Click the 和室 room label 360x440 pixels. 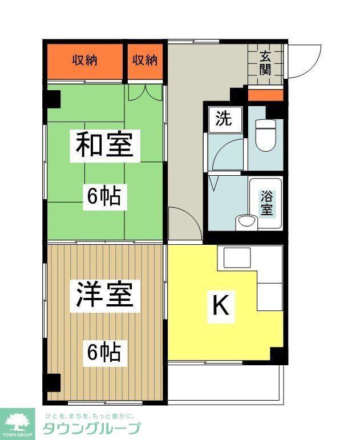tap(104, 145)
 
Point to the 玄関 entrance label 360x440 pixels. tap(265, 62)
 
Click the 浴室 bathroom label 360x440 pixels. tap(266, 203)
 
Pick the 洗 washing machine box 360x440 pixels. tap(224, 120)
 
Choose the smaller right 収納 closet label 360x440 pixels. tap(145, 60)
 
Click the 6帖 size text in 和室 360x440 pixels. tap(104, 197)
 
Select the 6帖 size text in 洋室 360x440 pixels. tap(104, 352)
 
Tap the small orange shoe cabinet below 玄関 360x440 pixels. tap(265, 95)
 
